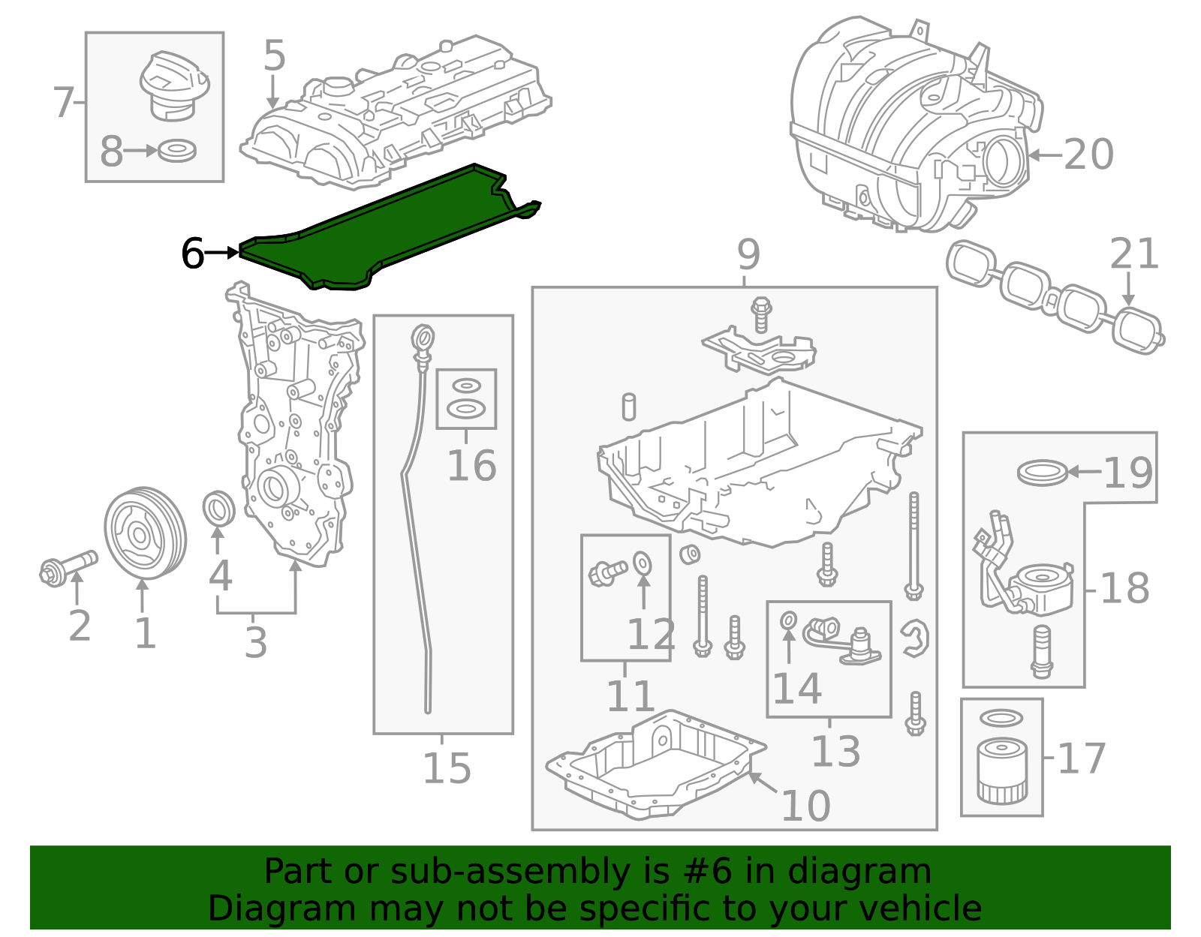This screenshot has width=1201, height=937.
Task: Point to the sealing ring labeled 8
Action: coord(178,151)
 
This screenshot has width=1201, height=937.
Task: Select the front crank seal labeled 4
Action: coord(218,509)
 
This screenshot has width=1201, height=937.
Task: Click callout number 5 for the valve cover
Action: coord(275,56)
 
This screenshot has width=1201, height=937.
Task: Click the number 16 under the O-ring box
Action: coord(471,466)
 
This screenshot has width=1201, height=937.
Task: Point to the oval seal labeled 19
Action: coord(1042,473)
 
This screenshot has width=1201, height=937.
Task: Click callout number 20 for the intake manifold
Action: coord(1088,155)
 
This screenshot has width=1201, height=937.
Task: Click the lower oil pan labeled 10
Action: coord(653,765)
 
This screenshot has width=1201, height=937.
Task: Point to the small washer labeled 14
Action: coord(788,620)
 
